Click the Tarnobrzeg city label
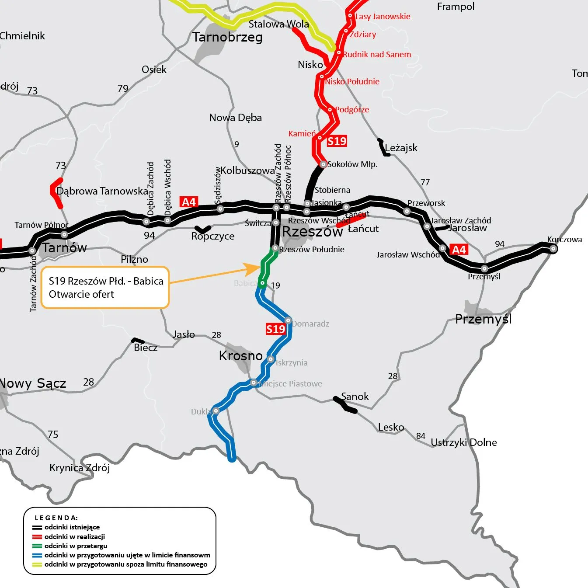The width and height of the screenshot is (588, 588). (227, 37)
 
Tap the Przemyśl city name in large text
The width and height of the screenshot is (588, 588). (483, 319)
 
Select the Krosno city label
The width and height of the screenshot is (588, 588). (240, 356)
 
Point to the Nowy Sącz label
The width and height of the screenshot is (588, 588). (33, 383)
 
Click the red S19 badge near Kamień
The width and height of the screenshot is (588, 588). (337, 141)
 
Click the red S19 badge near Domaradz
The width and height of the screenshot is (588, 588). (275, 329)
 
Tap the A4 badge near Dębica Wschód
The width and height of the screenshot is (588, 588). (189, 202)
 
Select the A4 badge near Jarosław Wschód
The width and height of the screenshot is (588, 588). (459, 250)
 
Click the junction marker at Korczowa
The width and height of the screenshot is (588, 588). (553, 249)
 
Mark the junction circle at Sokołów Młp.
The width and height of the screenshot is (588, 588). (323, 164)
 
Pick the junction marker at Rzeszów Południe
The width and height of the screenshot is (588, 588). (275, 248)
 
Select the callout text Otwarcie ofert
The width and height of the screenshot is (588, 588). (81, 294)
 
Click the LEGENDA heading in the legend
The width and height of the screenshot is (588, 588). (56, 518)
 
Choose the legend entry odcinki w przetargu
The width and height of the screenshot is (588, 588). (76, 546)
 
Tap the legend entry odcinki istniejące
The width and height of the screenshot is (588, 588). (72, 527)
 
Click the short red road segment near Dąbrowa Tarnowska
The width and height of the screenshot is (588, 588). (56, 192)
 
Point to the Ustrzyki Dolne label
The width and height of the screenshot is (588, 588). (463, 442)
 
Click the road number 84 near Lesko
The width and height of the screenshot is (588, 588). (421, 436)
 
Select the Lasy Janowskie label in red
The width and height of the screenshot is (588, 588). (383, 17)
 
